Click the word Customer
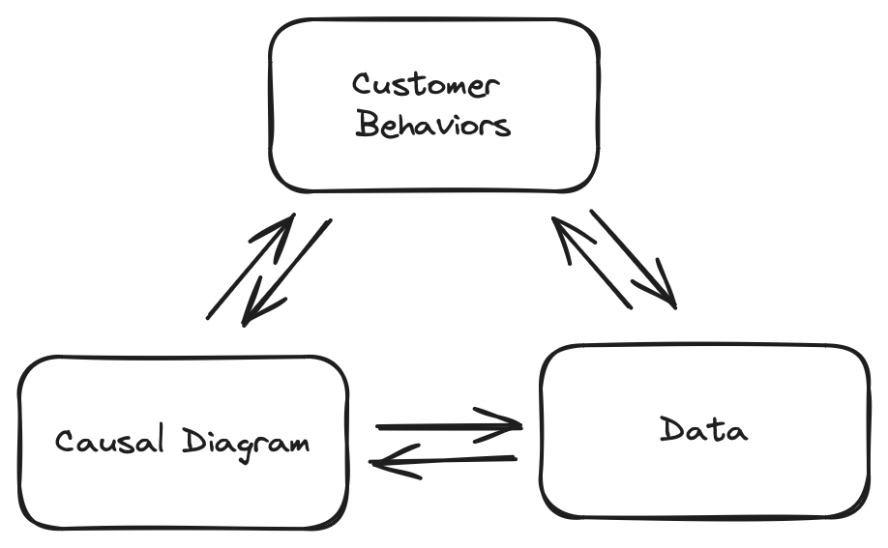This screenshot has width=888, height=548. (x=426, y=85)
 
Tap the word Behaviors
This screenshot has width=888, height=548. (x=432, y=126)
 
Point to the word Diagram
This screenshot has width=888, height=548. (x=246, y=442)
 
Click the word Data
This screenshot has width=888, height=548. (x=703, y=429)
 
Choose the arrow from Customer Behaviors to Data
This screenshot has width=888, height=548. (x=633, y=259)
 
